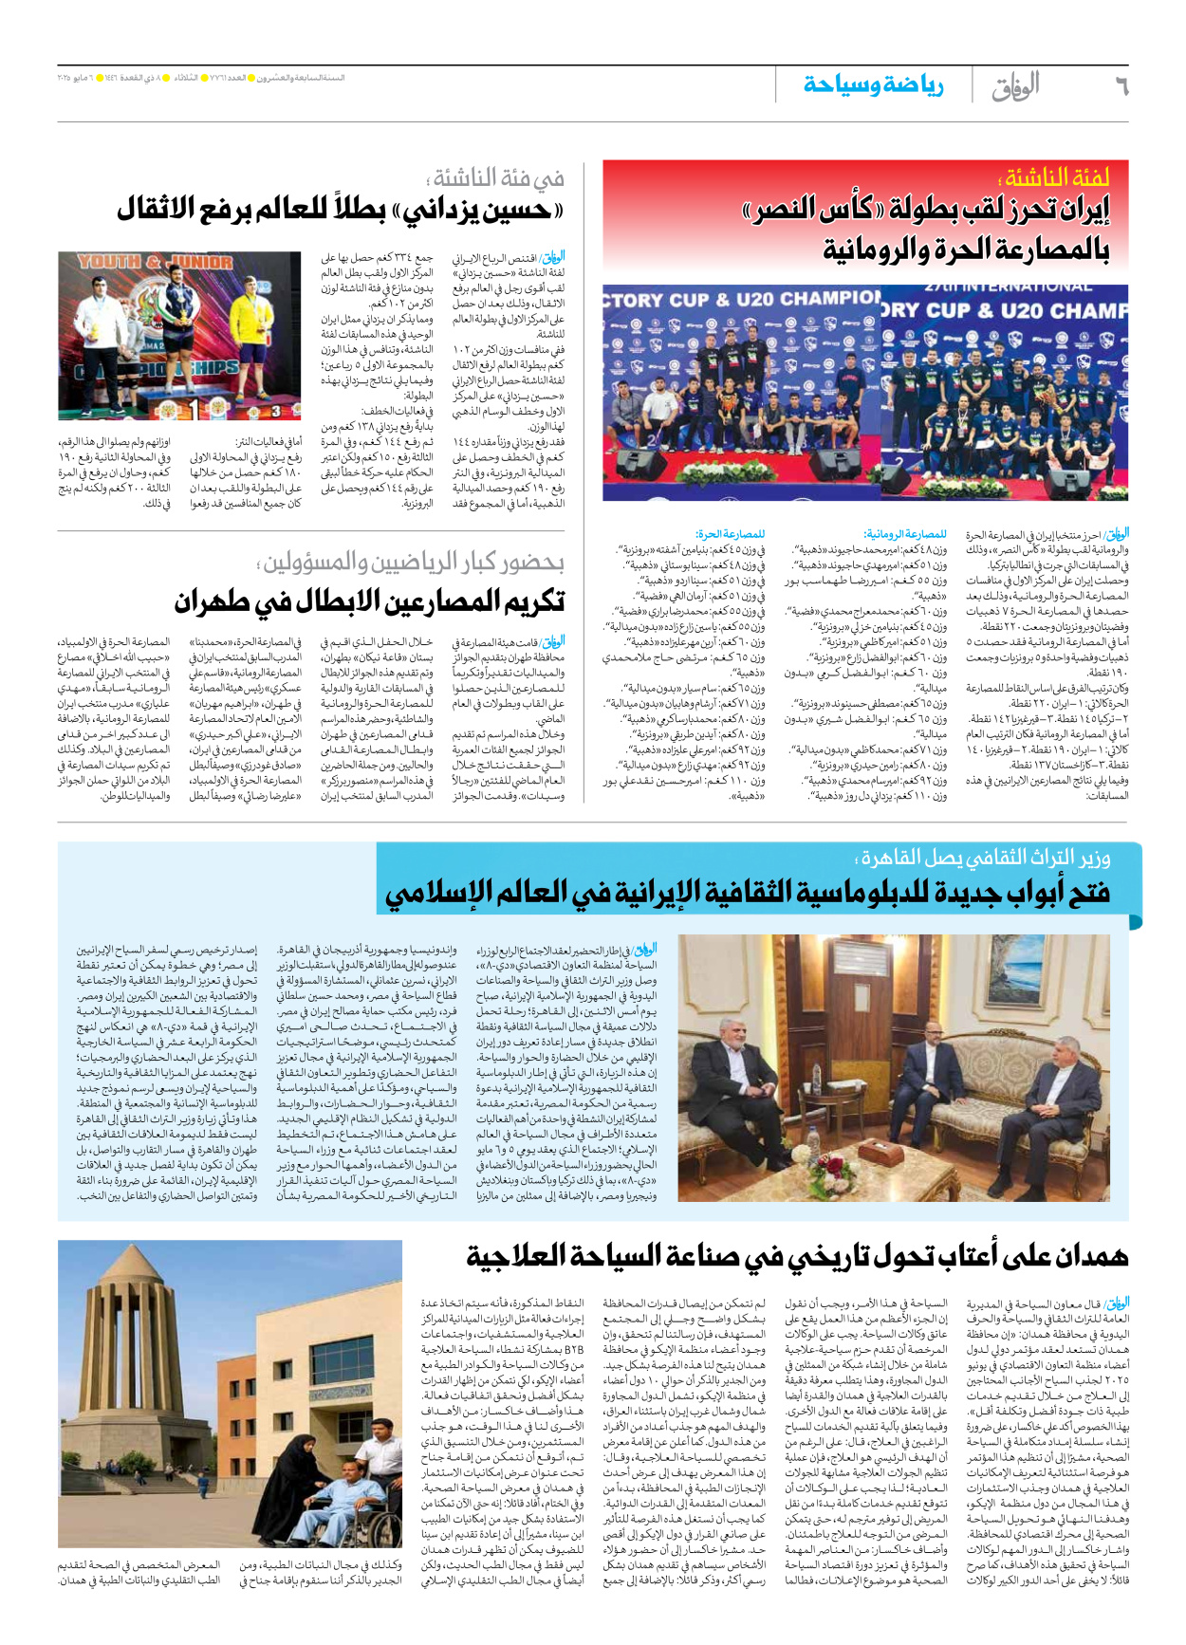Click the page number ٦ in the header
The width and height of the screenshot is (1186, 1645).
(1121, 86)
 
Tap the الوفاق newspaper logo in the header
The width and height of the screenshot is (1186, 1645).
(1016, 86)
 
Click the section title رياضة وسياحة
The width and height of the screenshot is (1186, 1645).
(873, 85)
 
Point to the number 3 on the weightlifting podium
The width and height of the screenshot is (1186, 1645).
(275, 412)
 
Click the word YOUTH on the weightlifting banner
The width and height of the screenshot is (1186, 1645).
(109, 262)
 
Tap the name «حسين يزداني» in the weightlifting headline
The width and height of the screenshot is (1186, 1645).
(479, 210)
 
